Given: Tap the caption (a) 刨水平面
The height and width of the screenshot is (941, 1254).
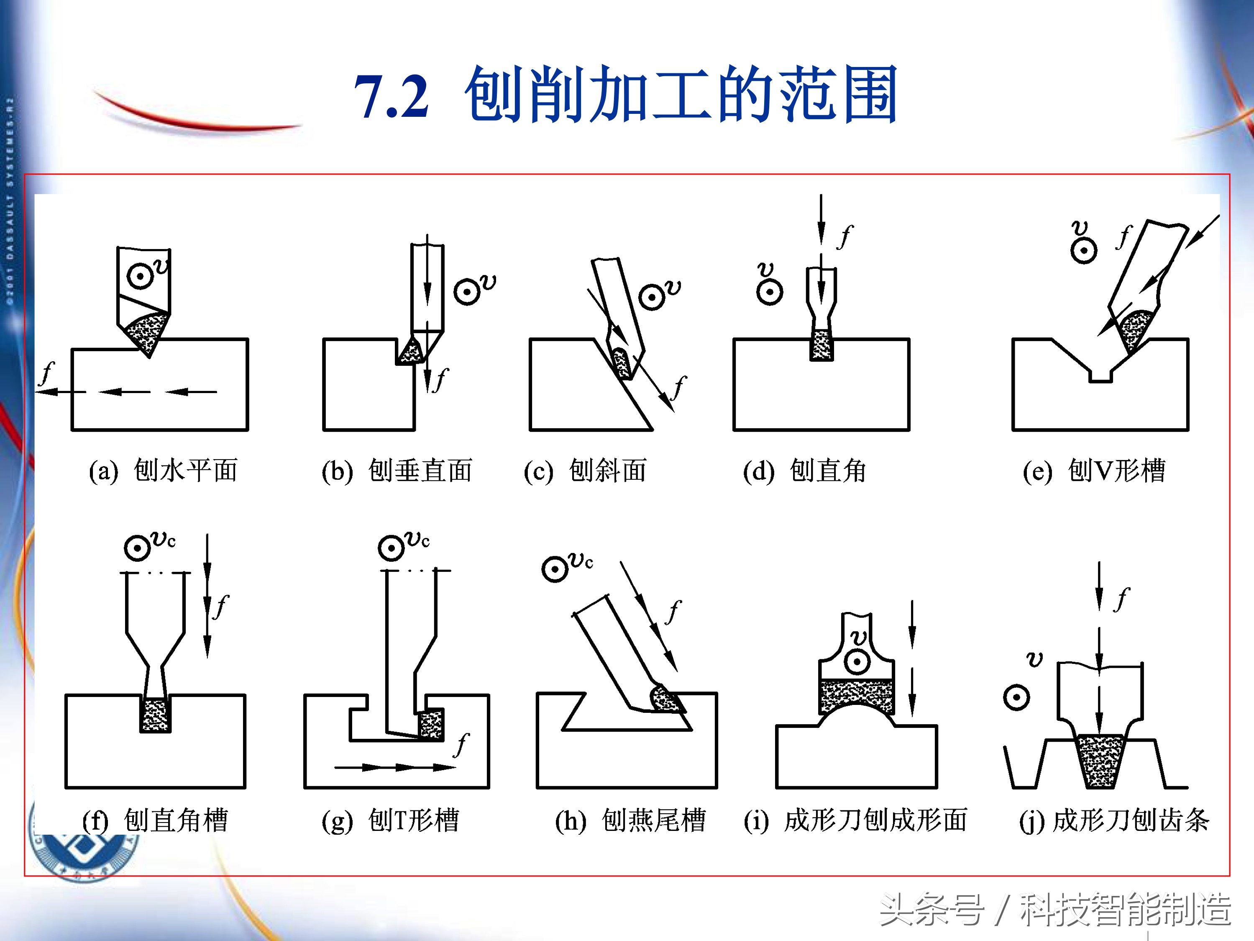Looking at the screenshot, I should [x=163, y=470].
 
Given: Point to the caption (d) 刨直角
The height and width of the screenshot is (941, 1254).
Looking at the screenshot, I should [x=804, y=470].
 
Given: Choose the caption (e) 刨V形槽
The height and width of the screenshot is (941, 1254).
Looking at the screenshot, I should [x=1093, y=470].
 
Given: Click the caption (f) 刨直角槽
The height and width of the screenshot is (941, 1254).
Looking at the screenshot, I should [x=155, y=820].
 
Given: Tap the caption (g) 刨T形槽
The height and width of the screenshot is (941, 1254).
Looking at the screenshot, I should [x=390, y=820].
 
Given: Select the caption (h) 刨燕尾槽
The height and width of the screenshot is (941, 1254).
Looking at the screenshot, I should [x=630, y=820].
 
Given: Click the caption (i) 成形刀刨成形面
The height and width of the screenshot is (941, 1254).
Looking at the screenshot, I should [x=855, y=820].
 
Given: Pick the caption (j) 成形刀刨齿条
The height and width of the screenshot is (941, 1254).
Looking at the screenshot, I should [x=1114, y=820].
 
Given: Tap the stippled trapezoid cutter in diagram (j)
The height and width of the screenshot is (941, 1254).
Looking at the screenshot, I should [x=1100, y=761].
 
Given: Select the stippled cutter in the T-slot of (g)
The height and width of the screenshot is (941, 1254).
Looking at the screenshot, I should [x=431, y=723].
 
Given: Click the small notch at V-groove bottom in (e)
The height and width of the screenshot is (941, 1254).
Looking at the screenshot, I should [x=1100, y=375].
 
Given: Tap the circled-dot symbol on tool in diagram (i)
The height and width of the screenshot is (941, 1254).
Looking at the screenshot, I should [x=857, y=662].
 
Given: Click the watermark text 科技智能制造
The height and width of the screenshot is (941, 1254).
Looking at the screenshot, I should [x=1125, y=909].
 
